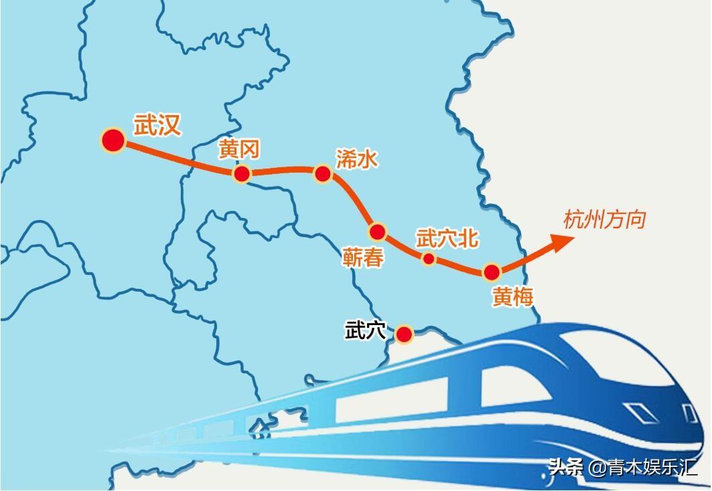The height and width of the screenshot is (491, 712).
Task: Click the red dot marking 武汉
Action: pos(113,140)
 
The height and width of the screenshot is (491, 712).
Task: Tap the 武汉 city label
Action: pos(157,124)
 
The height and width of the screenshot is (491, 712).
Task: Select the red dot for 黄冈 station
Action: pos(241,174)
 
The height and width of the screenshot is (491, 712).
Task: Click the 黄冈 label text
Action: pos(239,151)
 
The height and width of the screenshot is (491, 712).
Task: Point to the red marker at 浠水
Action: pos(323,174)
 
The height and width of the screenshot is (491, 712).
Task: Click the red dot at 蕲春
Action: pos(378,231)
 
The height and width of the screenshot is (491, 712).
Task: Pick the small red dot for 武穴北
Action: pos(429,259)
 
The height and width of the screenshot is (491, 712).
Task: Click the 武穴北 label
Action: pos(447,237)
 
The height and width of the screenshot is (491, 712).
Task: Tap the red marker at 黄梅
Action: pos(492,272)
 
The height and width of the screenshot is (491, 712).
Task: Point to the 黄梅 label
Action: pos(512,296)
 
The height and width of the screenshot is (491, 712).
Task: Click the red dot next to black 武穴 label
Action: pos(404,334)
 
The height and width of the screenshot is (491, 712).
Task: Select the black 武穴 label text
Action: pos(366,330)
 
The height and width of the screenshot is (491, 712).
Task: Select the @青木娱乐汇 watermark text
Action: pos(643,467)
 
